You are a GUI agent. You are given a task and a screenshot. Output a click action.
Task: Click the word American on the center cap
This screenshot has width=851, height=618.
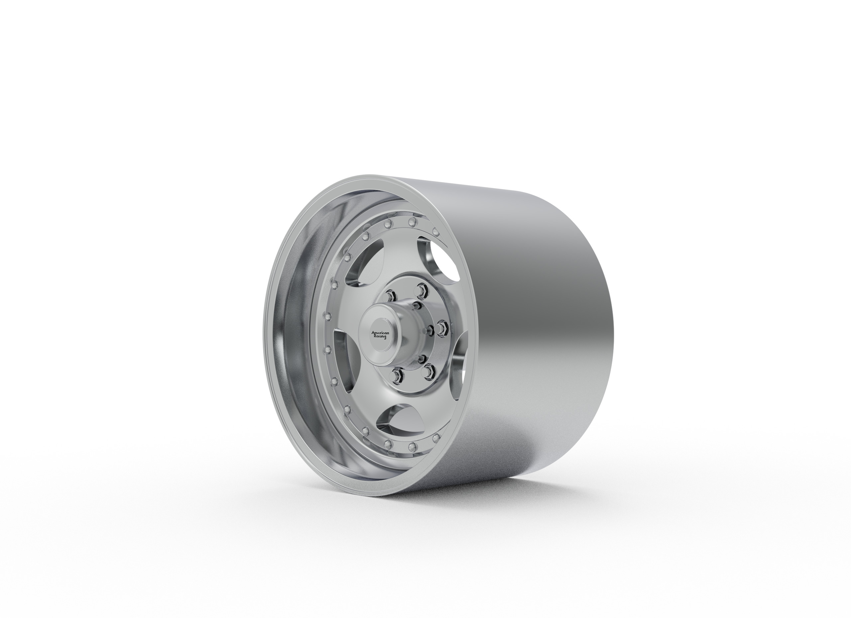pos(380,333)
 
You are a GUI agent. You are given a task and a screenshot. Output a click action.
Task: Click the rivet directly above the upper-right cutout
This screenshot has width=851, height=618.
pos(435,231)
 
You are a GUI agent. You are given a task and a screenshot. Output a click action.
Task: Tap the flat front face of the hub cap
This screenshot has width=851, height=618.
pos(380,335)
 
